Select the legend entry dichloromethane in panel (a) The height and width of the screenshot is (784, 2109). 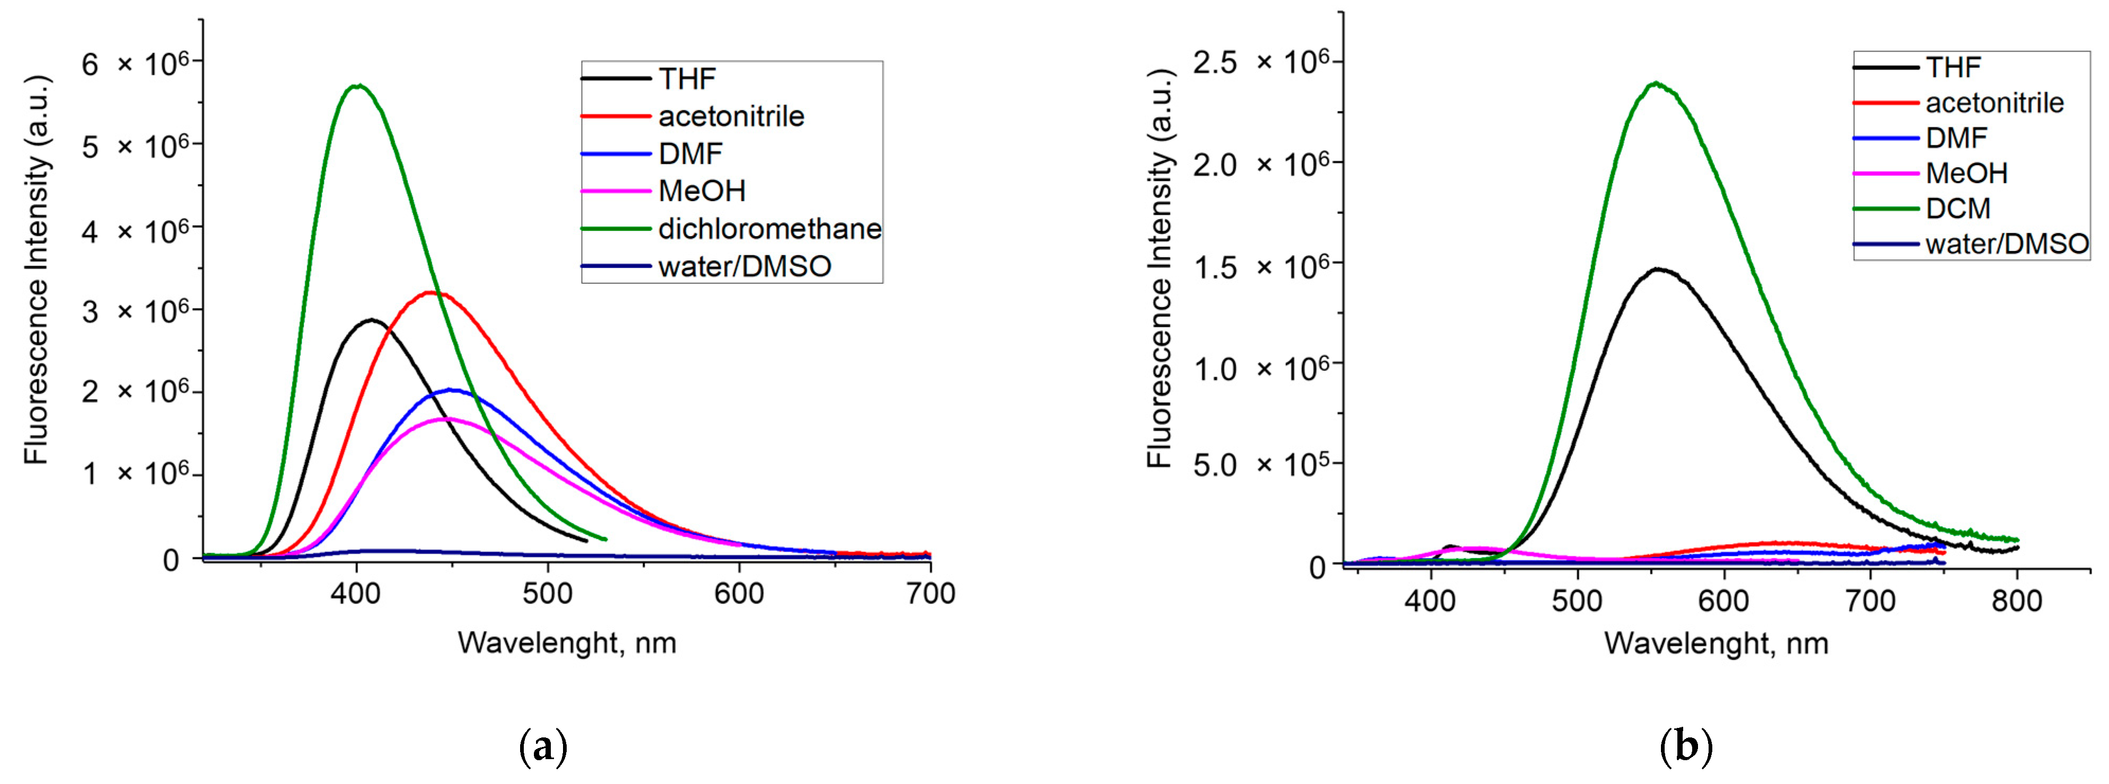click(770, 229)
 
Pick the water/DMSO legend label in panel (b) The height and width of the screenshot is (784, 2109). click(2007, 244)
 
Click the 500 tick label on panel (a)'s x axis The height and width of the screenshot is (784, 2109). click(548, 594)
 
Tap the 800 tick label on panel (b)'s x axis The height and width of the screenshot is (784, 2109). click(2016, 601)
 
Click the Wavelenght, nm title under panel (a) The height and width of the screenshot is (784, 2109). click(567, 643)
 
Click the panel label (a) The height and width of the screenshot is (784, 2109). click(543, 747)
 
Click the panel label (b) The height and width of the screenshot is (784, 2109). click(1686, 747)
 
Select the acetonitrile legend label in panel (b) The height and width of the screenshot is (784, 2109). click(1995, 103)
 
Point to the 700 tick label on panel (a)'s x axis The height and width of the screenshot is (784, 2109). click(930, 594)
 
